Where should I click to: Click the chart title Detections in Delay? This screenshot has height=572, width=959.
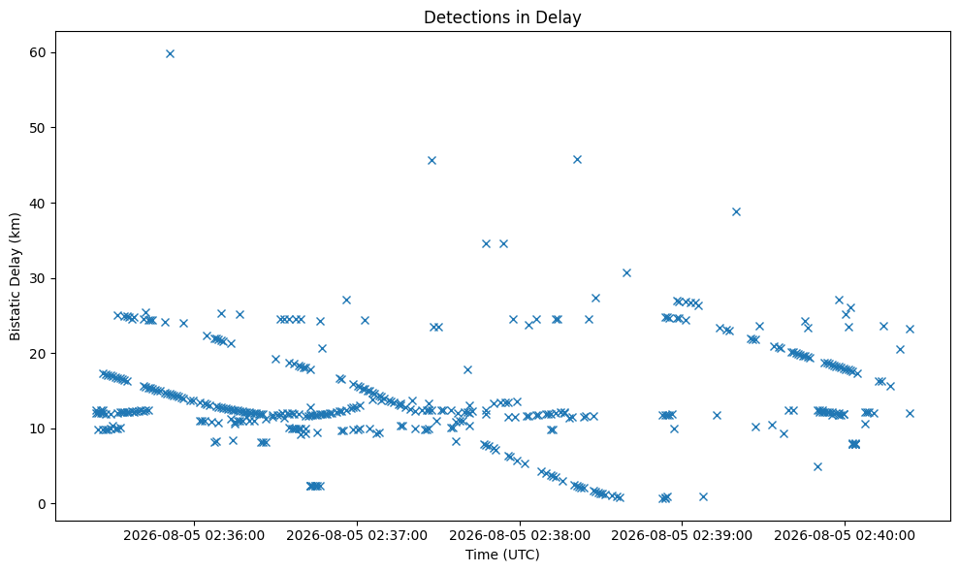[502, 17]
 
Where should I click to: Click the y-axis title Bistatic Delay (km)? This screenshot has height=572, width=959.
[15, 276]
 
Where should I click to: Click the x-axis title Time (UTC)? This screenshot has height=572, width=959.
[502, 555]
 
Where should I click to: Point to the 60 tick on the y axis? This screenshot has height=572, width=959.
[37, 52]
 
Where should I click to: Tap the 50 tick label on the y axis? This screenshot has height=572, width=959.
[37, 128]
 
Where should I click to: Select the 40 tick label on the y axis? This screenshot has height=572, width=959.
[37, 203]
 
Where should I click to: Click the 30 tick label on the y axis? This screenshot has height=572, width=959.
[37, 278]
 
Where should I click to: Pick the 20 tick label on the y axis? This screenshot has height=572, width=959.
[37, 354]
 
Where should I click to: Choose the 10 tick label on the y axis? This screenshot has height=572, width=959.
[37, 429]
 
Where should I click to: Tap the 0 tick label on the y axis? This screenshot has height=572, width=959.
[42, 504]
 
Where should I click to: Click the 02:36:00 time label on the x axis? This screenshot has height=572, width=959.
[194, 536]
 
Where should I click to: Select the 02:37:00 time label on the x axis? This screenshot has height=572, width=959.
[357, 536]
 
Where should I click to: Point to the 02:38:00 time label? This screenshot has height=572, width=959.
[520, 536]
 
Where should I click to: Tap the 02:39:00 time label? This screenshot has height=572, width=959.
[682, 536]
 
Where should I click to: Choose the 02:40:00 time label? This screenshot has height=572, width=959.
[845, 536]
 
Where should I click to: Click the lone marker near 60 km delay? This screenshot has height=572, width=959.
[170, 54]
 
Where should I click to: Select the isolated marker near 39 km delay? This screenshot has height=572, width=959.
[736, 211]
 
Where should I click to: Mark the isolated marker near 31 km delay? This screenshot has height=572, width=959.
[626, 272]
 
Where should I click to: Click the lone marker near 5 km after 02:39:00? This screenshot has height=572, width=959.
[817, 466]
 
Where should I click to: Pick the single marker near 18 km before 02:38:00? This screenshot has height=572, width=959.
[468, 369]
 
